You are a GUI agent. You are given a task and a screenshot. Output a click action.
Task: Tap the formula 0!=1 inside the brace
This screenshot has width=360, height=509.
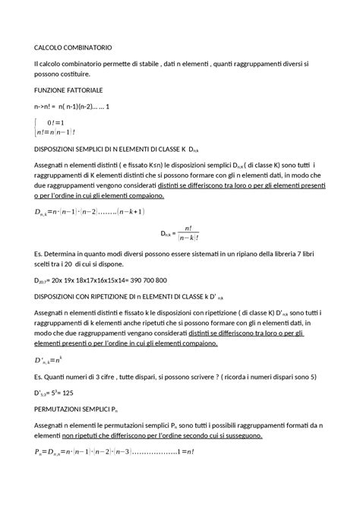click(x=55, y=121)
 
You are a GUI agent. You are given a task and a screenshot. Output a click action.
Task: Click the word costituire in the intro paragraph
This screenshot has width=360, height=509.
click(x=77, y=74)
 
